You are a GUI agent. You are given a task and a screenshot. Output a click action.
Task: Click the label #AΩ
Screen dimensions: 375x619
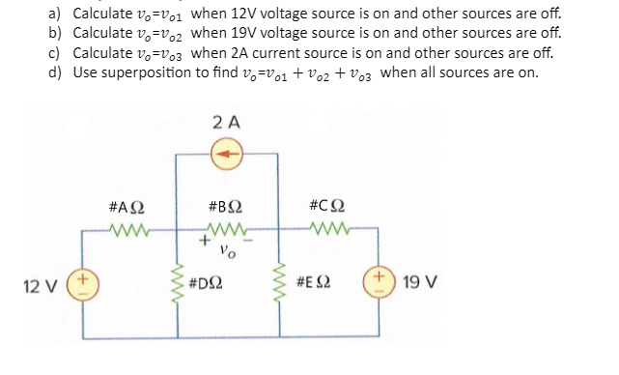[128, 208]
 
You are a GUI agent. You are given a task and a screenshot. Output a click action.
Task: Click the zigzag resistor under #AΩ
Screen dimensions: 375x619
[128, 230]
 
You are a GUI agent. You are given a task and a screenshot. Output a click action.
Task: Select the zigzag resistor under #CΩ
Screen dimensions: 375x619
[328, 230]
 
